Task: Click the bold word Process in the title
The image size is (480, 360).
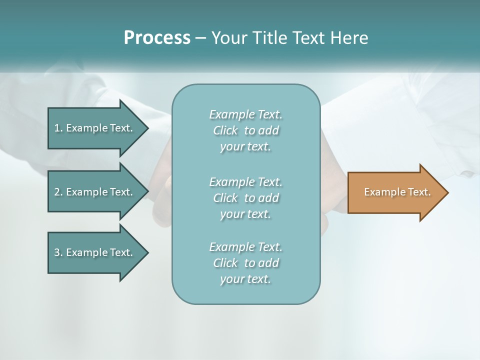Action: point(157,38)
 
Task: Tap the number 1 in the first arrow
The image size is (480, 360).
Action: point(57,128)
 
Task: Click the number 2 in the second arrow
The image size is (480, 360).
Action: point(57,192)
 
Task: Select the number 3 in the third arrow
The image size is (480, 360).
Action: point(57,252)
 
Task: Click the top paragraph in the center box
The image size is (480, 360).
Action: point(245,130)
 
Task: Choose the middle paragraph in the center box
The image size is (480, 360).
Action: point(245,198)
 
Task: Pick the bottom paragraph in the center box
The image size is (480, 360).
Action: point(245,263)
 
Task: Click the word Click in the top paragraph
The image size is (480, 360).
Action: point(225,130)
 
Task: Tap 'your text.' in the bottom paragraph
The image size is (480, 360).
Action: point(245,279)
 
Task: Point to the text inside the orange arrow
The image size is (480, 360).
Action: point(397,192)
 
